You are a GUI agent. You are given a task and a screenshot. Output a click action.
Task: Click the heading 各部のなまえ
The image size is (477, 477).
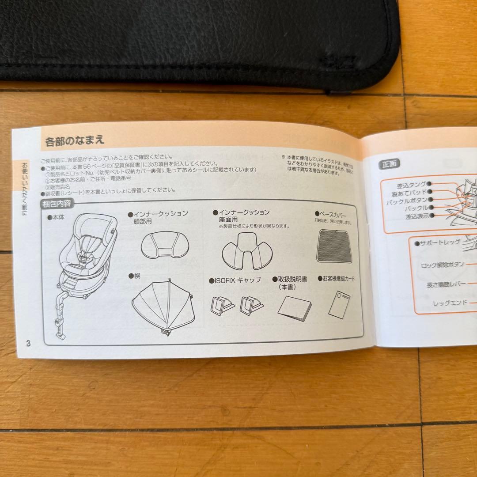pyautogui.click(x=75, y=141)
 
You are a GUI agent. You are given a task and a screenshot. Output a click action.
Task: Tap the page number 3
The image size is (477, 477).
pyautogui.click(x=28, y=343)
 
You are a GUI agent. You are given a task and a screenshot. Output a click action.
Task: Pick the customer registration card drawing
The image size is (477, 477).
pyautogui.click(x=341, y=303)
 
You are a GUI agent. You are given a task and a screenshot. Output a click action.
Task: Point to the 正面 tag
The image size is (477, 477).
pyautogui.click(x=389, y=164)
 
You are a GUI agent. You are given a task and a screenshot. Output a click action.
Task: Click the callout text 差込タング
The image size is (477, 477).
pyautogui.click(x=411, y=184)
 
